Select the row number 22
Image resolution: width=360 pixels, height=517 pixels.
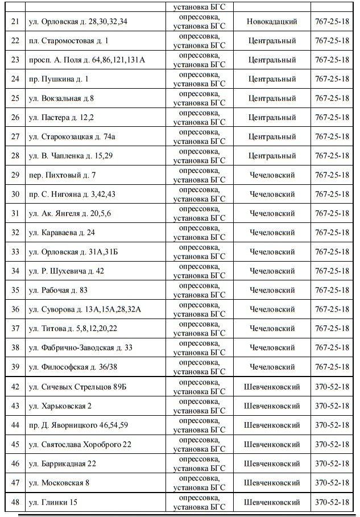15,41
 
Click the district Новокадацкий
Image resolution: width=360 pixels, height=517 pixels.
272,22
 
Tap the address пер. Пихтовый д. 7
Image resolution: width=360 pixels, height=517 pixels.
62,175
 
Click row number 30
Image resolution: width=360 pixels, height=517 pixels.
15,195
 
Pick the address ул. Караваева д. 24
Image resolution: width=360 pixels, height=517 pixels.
62,233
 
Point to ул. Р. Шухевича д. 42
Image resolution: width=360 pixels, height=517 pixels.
66,271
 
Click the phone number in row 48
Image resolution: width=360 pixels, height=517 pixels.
332,502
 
